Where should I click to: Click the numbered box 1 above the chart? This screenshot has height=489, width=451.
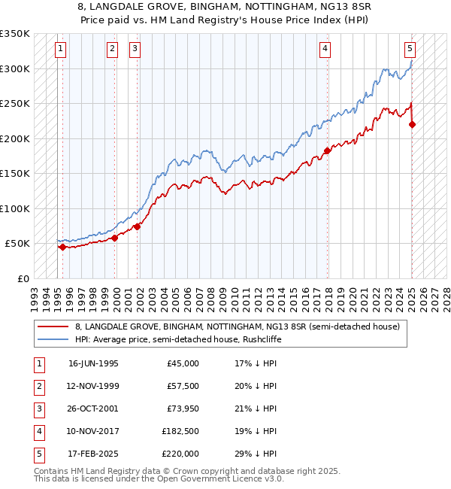pos(59,50)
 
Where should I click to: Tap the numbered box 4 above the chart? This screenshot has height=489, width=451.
pos(325,50)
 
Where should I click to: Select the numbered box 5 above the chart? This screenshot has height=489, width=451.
pos(410,50)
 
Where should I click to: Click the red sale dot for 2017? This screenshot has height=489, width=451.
pos(327,150)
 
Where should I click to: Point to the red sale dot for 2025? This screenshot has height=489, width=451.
pos(412,124)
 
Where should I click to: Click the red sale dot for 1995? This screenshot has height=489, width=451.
pos(62,247)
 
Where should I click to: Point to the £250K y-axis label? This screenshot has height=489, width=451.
pos(15,104)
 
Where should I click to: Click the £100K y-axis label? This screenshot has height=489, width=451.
pos(15,208)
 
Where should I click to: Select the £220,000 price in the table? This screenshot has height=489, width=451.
pos(180,454)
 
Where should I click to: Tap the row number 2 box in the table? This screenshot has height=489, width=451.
pos(38,386)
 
